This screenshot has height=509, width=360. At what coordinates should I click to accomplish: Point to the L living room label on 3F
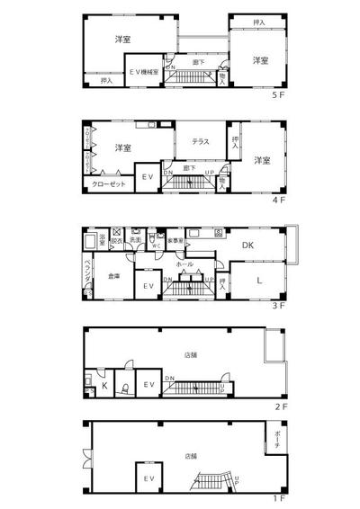click(258, 281)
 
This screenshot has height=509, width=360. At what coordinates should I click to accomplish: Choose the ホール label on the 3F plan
click(184, 263)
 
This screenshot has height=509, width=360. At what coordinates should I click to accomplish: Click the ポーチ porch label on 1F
click(278, 442)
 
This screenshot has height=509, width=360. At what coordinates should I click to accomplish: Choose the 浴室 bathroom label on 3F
click(102, 239)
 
